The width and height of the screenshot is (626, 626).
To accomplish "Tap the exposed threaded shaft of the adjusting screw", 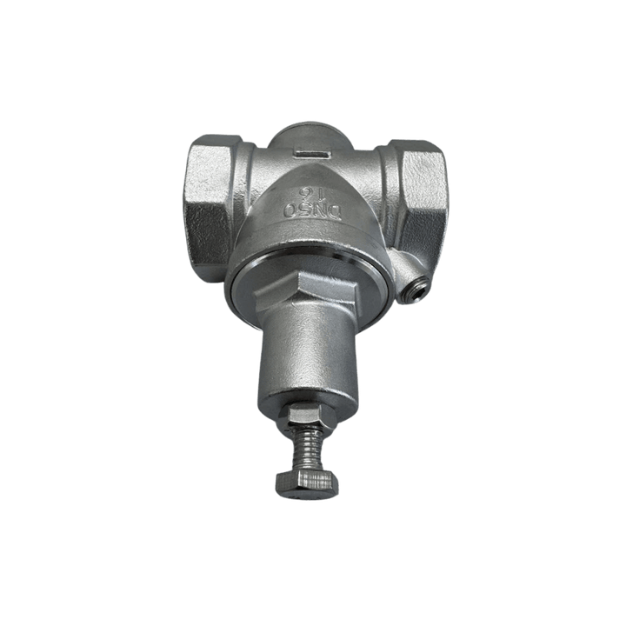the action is [x=309, y=449].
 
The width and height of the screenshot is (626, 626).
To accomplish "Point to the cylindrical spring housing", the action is [x=307, y=359].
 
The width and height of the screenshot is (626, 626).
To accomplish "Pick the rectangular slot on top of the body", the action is [x=312, y=153].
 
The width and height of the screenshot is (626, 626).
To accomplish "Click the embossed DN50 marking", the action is [x=312, y=210].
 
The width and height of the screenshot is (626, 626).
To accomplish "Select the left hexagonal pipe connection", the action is [x=209, y=208].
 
